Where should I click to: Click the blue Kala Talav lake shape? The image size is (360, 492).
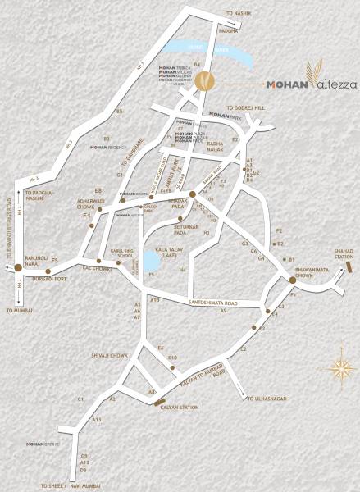click(x=151, y=261)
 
